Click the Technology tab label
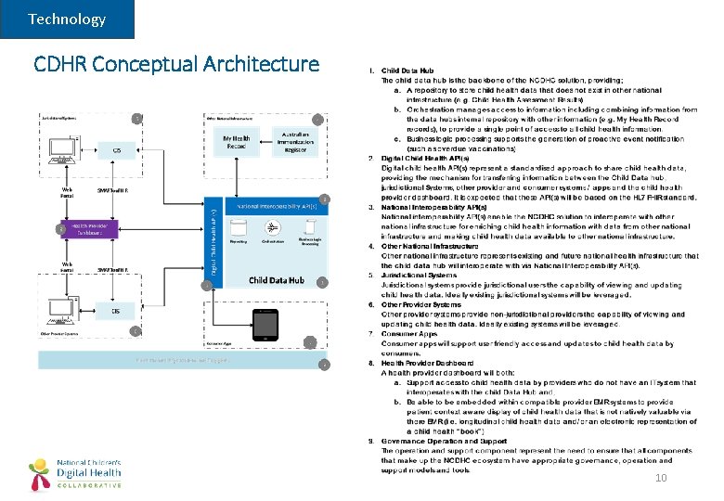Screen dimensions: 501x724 67,19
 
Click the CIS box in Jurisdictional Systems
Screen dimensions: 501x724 117,150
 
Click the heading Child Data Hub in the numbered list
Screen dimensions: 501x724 407,71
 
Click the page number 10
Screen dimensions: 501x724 661,478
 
